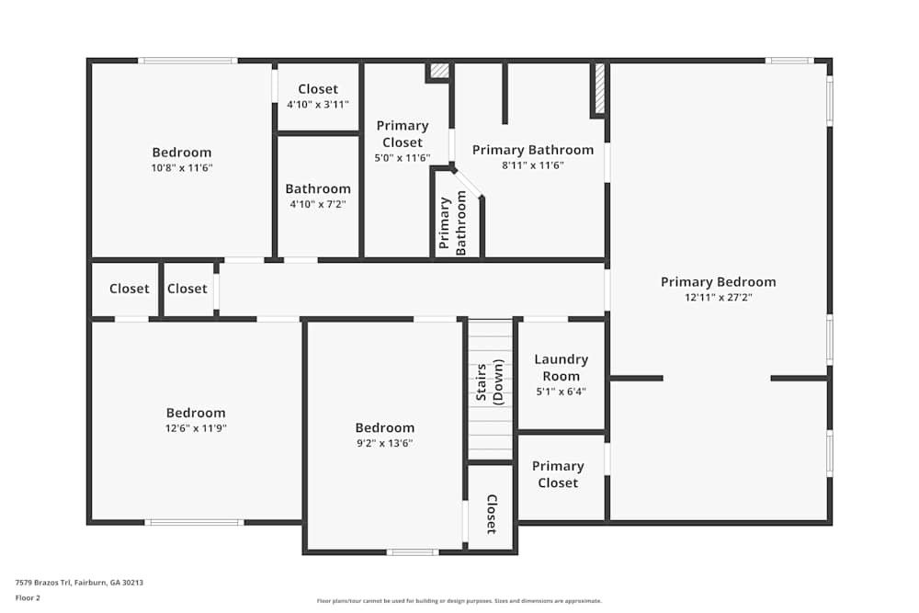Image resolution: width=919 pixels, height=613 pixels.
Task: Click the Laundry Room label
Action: pos(561,368)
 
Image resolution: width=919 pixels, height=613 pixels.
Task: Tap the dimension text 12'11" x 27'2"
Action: pos(718,298)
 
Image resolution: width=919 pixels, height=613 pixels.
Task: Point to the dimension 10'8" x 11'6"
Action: pos(182,168)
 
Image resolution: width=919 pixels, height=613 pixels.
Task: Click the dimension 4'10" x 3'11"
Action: pos(318,105)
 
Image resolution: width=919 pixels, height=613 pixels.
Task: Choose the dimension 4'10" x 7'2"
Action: pos(318,204)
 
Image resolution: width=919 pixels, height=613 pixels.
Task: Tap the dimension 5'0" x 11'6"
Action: pos(403,158)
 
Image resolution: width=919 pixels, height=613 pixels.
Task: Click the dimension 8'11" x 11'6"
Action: pos(533,165)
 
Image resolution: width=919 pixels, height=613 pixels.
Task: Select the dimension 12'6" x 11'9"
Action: pos(196,428)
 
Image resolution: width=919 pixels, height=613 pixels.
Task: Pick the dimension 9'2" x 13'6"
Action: pos(384,443)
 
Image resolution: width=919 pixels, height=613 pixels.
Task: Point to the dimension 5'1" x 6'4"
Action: pos(561,392)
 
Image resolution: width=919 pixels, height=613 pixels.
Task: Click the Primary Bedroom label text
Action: pos(718,282)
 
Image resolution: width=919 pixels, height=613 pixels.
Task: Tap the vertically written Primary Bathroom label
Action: pos(453,222)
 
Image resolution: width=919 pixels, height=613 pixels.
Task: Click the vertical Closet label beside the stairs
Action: pos(491,514)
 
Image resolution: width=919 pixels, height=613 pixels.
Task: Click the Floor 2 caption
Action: pos(28,597)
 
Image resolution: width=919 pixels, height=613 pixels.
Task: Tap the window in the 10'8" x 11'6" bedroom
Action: pos(187,61)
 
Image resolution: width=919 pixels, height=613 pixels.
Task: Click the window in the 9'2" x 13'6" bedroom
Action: pos(411,552)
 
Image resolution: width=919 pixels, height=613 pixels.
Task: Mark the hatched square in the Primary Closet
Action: pos(439,70)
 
